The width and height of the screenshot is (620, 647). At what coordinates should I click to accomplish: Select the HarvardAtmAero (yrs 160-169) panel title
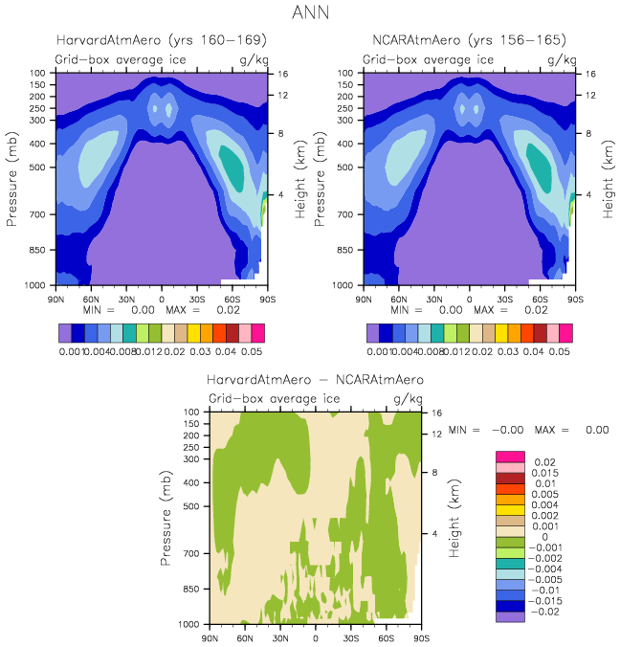[x=161, y=40]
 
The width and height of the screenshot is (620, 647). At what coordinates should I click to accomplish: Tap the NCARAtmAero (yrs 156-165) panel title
[x=469, y=40]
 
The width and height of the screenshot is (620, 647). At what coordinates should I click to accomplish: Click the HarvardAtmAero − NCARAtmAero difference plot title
[x=315, y=380]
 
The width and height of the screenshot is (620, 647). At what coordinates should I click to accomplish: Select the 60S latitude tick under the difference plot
[x=387, y=636]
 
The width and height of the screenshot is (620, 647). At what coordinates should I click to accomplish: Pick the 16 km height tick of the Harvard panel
[x=283, y=74]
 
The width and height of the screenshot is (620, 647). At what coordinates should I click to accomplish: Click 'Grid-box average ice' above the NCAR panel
[x=427, y=59]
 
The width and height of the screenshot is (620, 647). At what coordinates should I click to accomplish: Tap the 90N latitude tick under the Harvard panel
[x=57, y=298]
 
